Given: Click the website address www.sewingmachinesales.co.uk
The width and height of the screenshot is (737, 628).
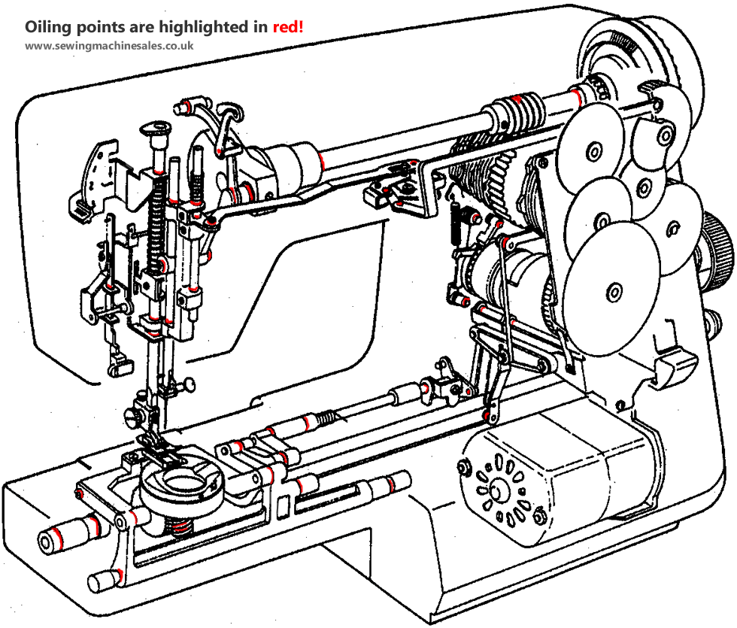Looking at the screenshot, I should (110, 46).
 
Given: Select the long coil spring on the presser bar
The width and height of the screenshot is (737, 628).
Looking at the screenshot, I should (159, 226).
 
